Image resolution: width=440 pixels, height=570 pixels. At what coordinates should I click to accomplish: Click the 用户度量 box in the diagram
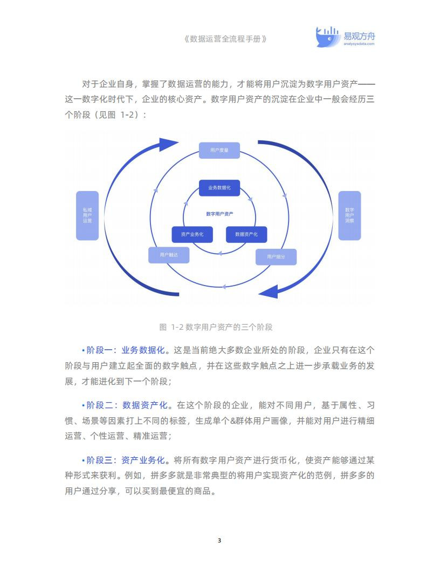point(219,150)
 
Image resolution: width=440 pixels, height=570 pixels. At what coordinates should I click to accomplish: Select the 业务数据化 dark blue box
point(219,187)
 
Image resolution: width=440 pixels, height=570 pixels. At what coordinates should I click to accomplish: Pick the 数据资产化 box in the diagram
point(246,234)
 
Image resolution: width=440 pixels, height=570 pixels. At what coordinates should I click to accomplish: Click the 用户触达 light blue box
point(169,255)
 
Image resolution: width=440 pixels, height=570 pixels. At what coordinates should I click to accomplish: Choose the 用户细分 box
point(276,256)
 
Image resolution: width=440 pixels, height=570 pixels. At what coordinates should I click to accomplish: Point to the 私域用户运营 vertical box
point(87,215)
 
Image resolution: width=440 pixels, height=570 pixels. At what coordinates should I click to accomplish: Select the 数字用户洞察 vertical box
point(349,215)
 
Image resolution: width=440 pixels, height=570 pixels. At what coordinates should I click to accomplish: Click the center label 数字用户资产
point(219,214)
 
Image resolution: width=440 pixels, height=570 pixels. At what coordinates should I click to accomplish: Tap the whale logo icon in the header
point(327,37)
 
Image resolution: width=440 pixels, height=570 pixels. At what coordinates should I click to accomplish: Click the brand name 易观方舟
point(359,36)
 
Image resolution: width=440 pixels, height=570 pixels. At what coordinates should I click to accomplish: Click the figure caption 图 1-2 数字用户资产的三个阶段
point(216,327)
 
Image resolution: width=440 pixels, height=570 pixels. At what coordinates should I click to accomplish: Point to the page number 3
point(219,540)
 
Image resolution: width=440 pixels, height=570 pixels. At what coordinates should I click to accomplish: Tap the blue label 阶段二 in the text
point(100,405)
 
